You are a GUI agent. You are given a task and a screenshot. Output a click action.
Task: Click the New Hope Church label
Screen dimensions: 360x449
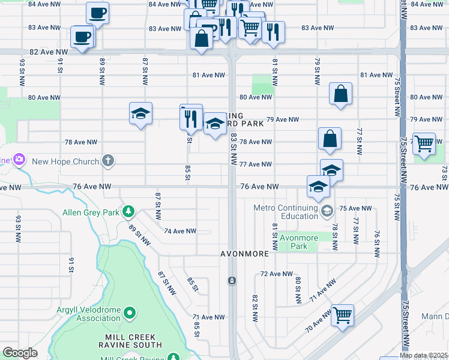(65, 161)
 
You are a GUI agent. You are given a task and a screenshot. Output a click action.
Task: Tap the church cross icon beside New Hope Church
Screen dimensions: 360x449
(107, 160)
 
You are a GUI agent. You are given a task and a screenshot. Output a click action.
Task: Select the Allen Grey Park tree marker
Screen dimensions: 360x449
(128, 212)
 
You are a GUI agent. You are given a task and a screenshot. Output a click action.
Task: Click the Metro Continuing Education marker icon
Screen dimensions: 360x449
(327, 211)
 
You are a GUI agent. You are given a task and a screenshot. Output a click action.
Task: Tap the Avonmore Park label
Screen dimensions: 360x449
(299, 242)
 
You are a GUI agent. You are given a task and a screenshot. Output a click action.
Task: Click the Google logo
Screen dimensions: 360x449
(20, 352)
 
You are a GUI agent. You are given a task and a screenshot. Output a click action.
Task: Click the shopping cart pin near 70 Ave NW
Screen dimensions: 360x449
(342, 314)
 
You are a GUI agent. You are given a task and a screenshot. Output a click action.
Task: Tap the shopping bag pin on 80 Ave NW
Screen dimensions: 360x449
(340, 94)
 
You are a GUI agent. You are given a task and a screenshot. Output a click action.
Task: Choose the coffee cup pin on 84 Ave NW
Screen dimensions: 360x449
(97, 12)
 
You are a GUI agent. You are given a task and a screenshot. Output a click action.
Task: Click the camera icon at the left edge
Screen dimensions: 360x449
(19, 159)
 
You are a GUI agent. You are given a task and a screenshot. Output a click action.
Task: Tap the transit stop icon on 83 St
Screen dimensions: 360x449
(232, 281)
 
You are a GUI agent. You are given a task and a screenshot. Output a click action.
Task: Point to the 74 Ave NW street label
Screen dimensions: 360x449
(180, 231)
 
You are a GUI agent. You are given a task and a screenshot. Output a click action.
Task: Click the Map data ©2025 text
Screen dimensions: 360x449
(423, 355)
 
